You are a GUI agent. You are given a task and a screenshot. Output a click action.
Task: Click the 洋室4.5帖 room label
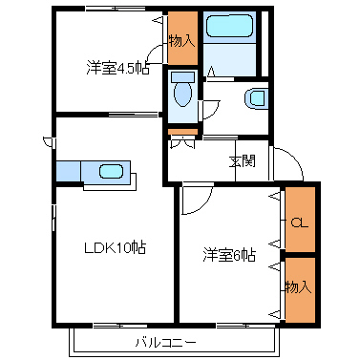[117, 68]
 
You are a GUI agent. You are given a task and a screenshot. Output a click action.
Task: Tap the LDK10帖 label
[115, 247]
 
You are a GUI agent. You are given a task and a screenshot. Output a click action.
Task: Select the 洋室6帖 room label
[229, 255]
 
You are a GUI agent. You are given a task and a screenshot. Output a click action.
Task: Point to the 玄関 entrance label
[243, 161]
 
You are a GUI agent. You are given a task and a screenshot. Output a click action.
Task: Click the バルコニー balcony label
[166, 343]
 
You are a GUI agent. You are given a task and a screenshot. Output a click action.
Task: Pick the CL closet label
[300, 222]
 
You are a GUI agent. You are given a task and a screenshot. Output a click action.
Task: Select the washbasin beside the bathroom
[257, 98]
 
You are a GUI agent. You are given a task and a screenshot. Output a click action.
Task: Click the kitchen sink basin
[111, 172]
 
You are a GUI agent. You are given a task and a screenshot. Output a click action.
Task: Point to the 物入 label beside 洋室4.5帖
[181, 41]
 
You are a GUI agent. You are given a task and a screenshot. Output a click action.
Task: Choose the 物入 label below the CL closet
[298, 287]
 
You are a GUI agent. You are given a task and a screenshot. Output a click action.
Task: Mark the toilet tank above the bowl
[182, 76]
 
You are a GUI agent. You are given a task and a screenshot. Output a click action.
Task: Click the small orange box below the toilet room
[182, 132]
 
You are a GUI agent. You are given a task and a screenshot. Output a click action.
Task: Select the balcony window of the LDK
[120, 326]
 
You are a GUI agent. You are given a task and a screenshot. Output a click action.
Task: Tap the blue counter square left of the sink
[69, 171]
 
